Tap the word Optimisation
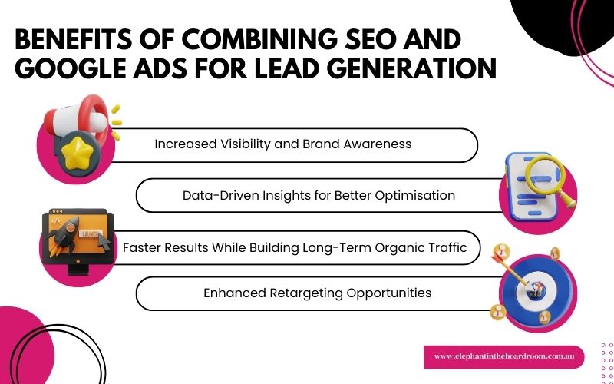tap(418, 195)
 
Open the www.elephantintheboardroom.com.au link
tap(503, 356)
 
